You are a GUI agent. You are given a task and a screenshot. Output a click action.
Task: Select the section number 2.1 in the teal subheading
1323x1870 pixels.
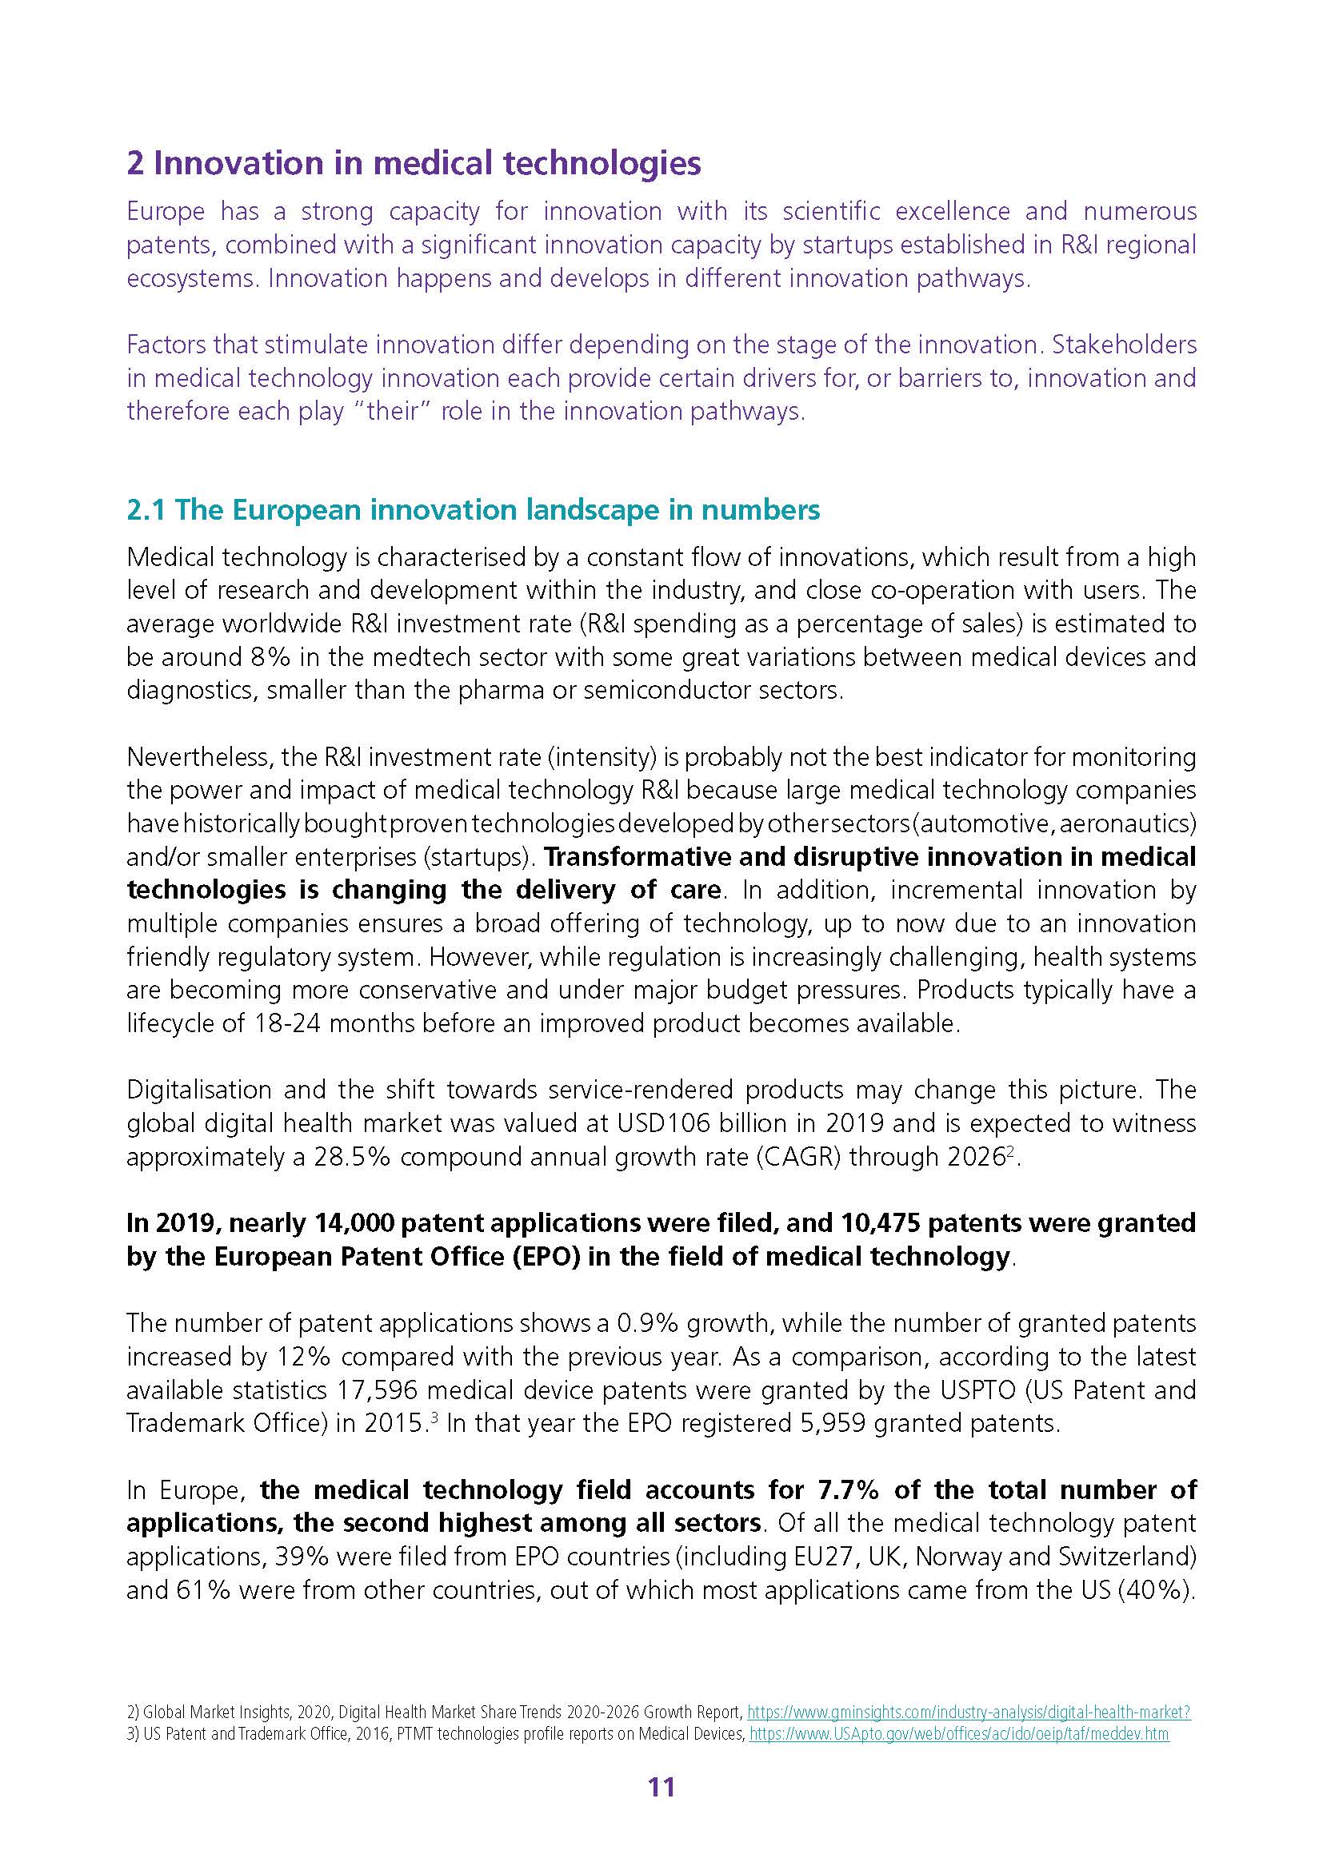coord(146,510)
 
